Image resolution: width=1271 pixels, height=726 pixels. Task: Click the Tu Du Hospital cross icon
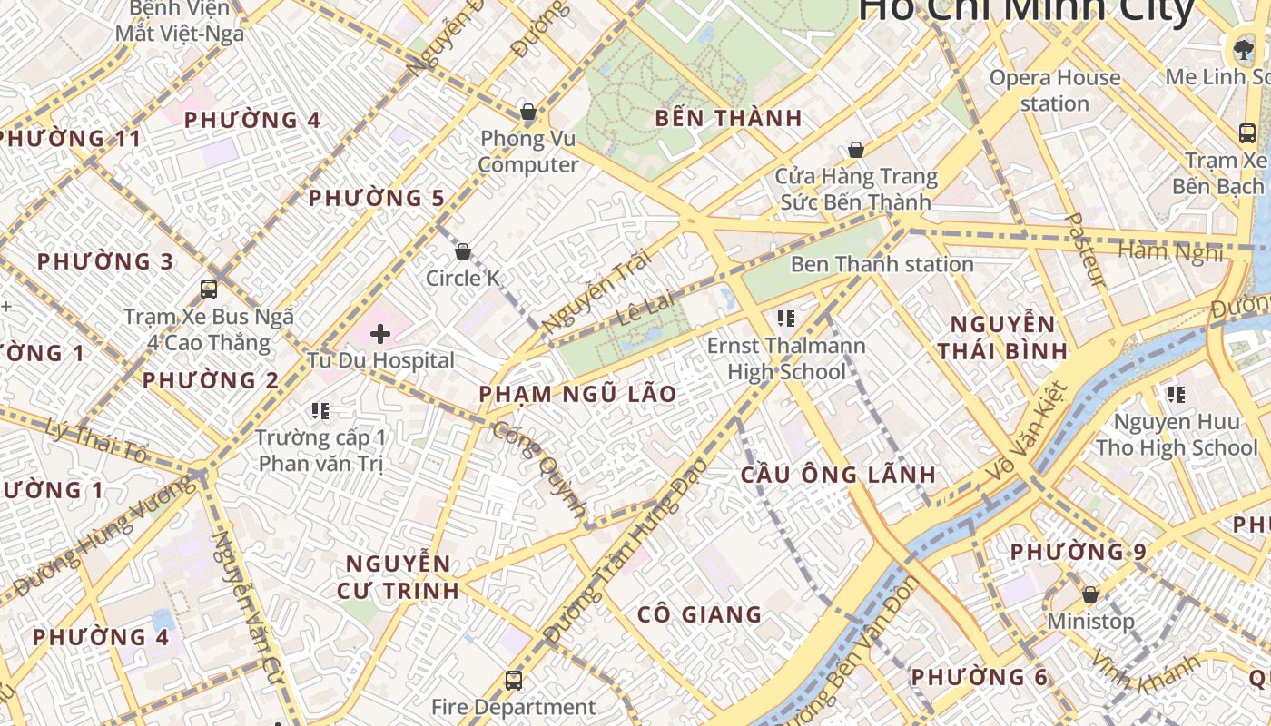tap(380, 334)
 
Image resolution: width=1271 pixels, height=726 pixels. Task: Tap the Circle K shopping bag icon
tap(463, 251)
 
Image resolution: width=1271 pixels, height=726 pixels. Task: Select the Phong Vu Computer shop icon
tap(527, 113)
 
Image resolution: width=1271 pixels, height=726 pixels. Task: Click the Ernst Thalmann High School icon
tap(786, 318)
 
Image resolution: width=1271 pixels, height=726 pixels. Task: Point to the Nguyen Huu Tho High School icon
tap(1176, 395)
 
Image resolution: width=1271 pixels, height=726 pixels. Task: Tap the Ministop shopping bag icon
tap(1089, 594)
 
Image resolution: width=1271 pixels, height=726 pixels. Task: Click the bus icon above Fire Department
tap(513, 680)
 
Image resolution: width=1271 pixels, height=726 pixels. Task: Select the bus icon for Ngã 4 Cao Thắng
tap(209, 289)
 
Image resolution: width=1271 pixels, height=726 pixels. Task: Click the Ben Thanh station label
tap(882, 264)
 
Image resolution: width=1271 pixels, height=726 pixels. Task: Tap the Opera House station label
tap(1054, 90)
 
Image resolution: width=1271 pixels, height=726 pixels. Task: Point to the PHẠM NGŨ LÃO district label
tap(577, 394)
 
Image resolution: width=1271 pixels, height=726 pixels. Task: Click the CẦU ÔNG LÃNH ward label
tap(838, 475)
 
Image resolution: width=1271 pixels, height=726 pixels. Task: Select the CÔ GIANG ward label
tap(699, 614)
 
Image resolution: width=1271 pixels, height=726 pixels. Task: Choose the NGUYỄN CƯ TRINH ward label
tap(398, 576)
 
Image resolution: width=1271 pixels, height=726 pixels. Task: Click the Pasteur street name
tap(1085, 250)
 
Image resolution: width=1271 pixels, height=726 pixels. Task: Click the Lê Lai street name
tap(646, 308)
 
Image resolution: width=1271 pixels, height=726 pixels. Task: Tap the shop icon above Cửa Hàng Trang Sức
tap(855, 150)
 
